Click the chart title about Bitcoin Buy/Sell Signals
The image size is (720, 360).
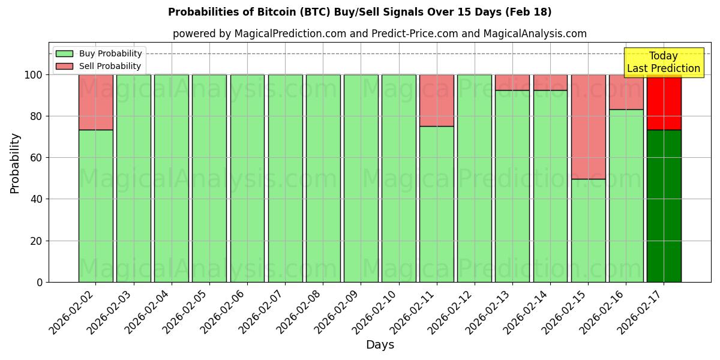(x=359, y=12)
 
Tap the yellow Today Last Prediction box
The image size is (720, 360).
(x=663, y=62)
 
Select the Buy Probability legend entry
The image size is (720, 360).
(x=98, y=53)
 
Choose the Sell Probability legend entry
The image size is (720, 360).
(x=98, y=66)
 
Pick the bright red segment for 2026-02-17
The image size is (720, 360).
(x=664, y=102)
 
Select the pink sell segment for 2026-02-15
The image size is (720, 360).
(x=588, y=127)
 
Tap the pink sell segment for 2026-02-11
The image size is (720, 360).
(x=436, y=100)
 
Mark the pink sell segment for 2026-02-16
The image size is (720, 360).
(x=626, y=92)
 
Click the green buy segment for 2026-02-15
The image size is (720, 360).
(x=588, y=230)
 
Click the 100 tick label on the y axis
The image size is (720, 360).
(x=33, y=75)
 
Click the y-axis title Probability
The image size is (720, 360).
(x=15, y=163)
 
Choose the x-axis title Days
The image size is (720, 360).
(x=380, y=345)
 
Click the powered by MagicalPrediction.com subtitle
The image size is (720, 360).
(x=379, y=34)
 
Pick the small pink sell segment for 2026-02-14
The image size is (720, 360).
(x=550, y=82)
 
